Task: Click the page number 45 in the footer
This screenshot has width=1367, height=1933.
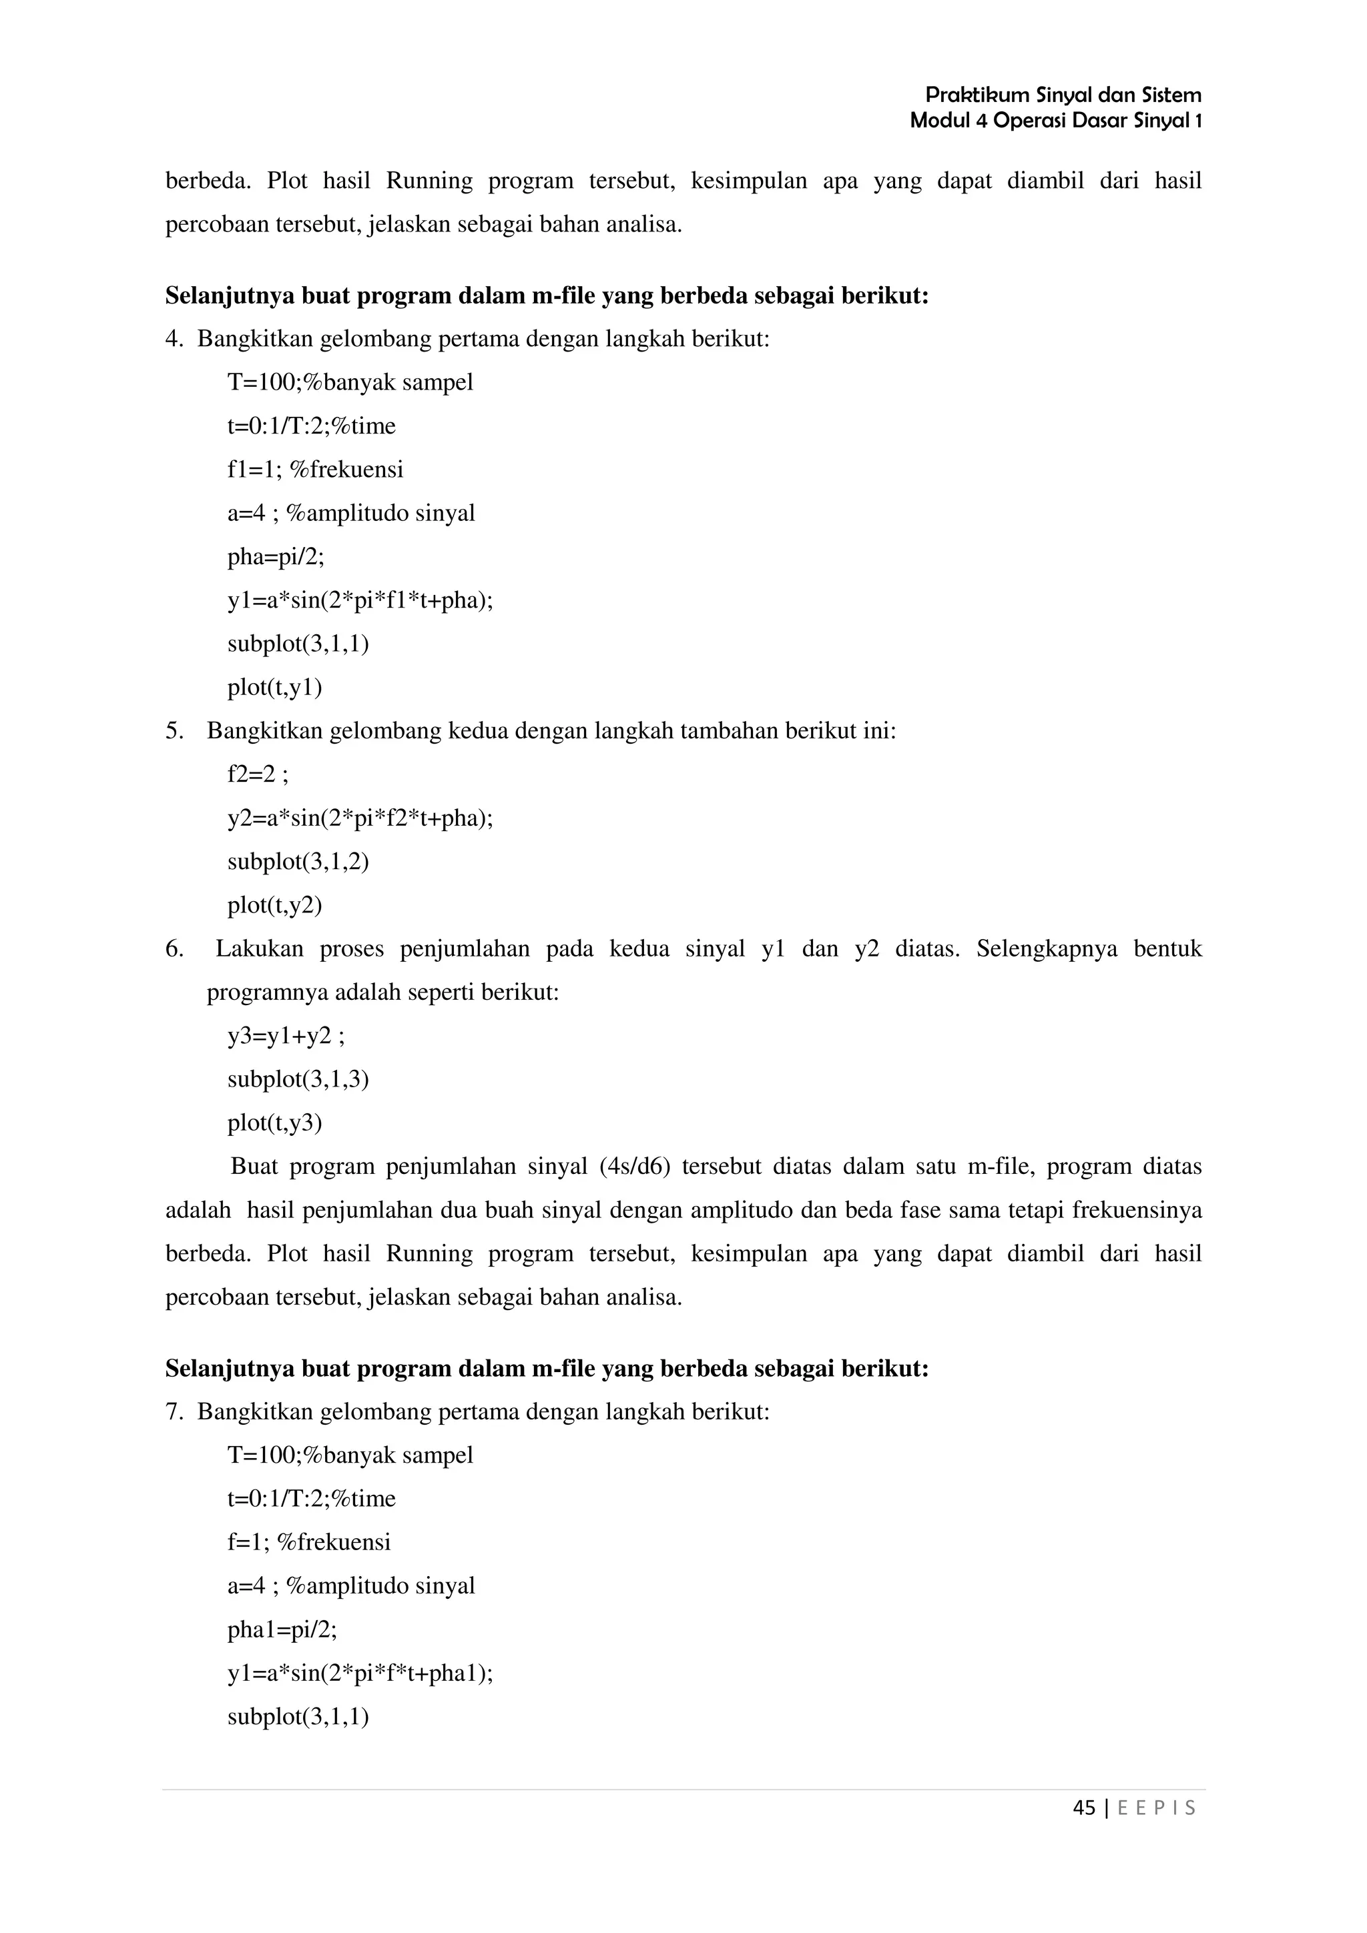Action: point(1084,1808)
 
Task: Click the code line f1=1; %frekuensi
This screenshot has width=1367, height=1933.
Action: point(315,469)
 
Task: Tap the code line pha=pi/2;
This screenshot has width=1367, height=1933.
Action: point(276,556)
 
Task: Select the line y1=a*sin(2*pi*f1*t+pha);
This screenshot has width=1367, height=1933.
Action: point(360,600)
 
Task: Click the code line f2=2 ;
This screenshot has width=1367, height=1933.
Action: point(258,774)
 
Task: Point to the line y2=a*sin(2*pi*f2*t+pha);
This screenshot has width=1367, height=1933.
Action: point(360,818)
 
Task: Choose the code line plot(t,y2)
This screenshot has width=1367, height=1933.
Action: point(274,905)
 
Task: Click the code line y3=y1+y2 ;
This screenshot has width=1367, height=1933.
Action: point(286,1035)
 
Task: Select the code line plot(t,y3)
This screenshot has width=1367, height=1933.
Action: point(274,1123)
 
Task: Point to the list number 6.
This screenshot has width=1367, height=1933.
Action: point(174,948)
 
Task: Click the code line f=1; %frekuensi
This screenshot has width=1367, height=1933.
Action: point(308,1542)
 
